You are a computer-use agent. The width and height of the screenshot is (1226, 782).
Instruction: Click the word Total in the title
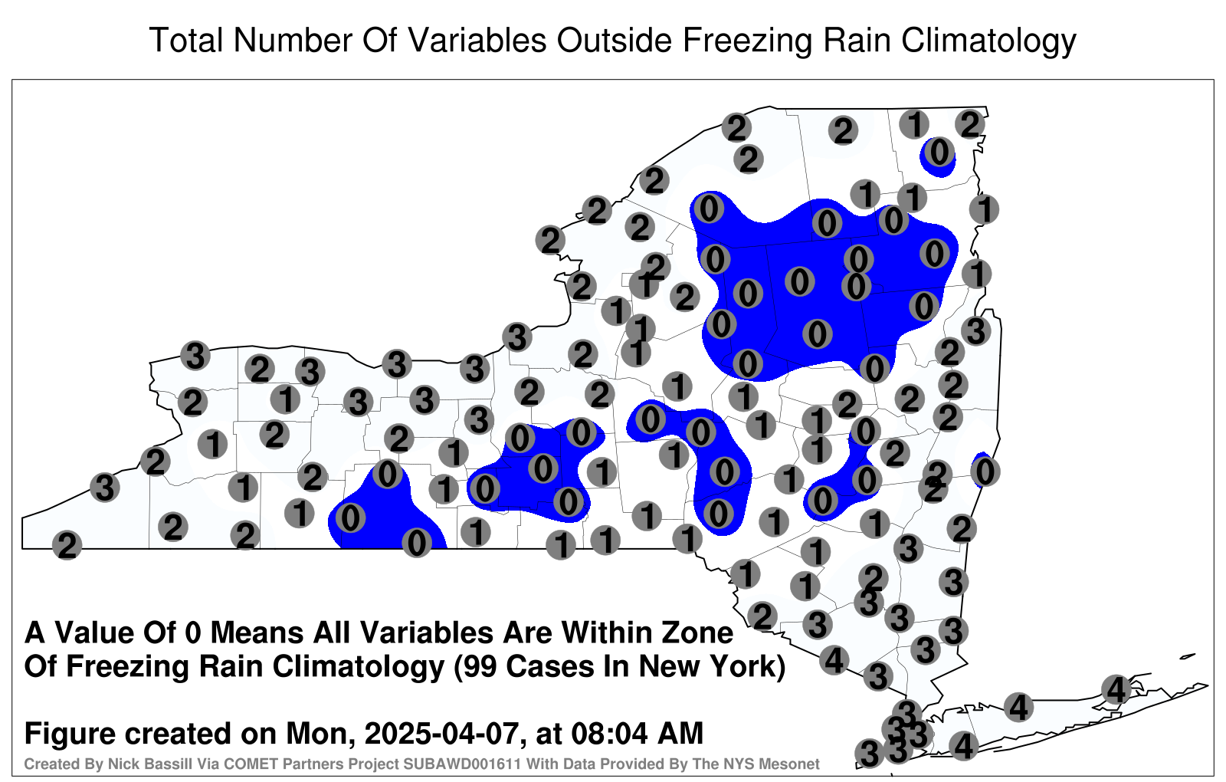(185, 40)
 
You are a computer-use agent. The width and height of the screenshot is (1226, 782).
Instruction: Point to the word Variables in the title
(474, 40)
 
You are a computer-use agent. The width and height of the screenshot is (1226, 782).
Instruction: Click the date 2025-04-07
(441, 733)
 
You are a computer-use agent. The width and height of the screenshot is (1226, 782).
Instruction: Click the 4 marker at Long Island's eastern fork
(1116, 689)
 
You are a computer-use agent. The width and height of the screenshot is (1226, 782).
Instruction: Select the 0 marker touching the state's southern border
(417, 544)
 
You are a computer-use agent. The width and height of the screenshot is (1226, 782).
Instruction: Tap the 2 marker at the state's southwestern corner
(67, 545)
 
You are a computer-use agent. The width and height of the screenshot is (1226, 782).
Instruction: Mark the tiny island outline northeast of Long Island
(1188, 656)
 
